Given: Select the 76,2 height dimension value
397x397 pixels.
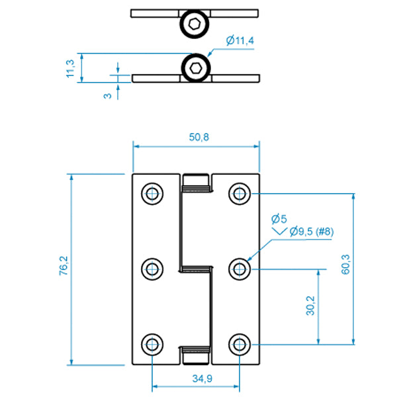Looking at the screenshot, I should tap(64, 269).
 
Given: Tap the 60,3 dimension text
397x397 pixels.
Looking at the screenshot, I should tap(364, 268).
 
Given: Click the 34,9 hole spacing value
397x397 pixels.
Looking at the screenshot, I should tap(196, 378).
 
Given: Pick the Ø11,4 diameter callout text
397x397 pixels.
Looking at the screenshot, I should tap(240, 41).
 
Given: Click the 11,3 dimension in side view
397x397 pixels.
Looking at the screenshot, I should tap(70, 68).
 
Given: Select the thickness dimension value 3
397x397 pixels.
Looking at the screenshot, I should tap(107, 95).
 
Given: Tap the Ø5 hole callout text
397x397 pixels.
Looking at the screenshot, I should tap(278, 218).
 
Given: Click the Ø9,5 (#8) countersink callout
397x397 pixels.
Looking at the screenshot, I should tap(310, 232).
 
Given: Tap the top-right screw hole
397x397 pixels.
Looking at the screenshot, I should tap(240, 193).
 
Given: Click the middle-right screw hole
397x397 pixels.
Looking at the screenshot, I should tap(240, 269).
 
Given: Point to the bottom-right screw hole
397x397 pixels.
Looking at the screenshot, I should tap(240, 344).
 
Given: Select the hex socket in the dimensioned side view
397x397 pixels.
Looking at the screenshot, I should tap(196, 67).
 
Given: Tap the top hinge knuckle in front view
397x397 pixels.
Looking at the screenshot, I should tap(197, 182).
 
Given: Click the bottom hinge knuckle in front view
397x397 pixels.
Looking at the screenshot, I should tap(197, 355).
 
